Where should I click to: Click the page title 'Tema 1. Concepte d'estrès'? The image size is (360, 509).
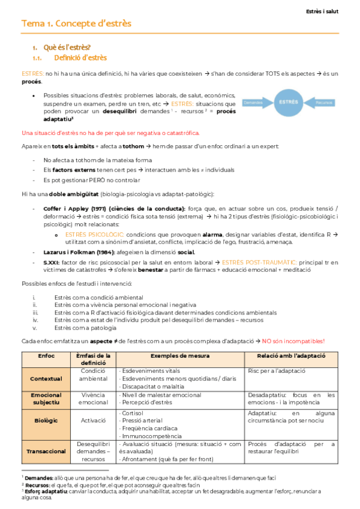[77, 23]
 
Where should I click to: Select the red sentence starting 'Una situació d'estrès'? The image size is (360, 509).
[110, 133]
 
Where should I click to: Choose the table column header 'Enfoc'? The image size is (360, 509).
[46, 357]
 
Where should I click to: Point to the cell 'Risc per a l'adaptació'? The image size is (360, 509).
[275, 370]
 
